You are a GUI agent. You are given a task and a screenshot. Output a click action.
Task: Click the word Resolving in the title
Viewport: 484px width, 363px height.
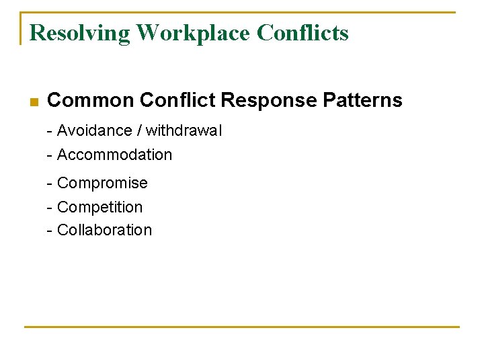click(x=80, y=32)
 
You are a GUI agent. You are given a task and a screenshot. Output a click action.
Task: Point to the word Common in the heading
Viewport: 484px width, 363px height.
click(x=91, y=101)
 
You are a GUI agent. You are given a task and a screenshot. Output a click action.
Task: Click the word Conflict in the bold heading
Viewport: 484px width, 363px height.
click(x=177, y=101)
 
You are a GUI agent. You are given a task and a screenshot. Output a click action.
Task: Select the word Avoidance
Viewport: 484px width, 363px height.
click(x=95, y=130)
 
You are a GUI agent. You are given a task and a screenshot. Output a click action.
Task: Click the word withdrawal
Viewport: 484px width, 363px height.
click(x=184, y=130)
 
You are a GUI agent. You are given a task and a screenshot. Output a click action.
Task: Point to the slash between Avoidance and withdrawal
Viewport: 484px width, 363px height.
click(x=139, y=130)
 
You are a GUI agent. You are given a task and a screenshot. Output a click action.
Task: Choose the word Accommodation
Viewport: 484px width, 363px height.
click(x=115, y=155)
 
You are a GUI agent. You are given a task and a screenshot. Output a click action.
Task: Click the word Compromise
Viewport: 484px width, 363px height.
click(x=102, y=183)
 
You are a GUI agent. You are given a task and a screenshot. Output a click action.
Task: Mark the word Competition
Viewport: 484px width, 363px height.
click(x=100, y=207)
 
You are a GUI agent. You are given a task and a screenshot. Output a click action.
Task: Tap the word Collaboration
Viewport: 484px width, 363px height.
click(x=105, y=230)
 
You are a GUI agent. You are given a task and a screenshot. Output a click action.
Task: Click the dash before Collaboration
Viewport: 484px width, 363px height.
click(x=50, y=231)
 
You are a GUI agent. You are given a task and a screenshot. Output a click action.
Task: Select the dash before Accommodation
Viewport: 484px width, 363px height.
click(x=50, y=155)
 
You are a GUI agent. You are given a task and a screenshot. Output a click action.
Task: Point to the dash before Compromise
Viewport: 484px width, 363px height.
click(x=50, y=184)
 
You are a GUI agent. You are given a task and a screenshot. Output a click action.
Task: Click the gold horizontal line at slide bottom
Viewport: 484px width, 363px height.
click(x=242, y=327)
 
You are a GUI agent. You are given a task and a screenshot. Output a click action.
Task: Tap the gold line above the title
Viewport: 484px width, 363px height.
click(x=242, y=12)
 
